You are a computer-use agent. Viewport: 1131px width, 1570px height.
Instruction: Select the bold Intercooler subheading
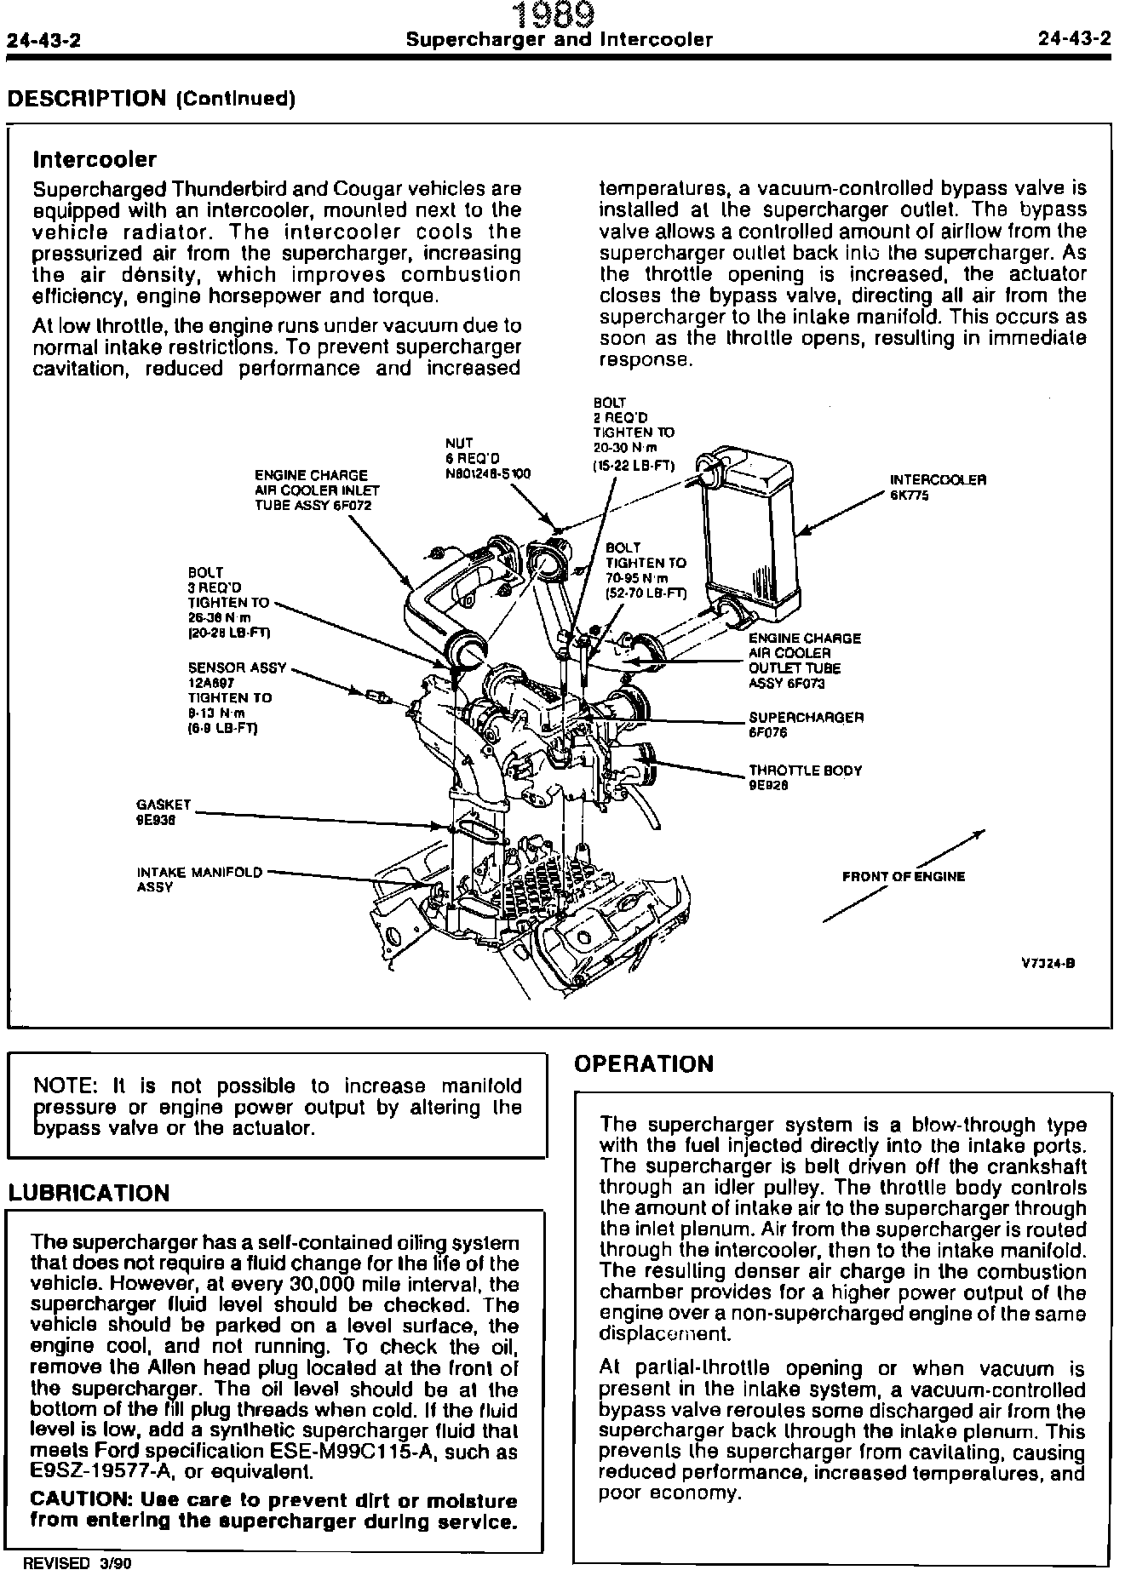(x=94, y=159)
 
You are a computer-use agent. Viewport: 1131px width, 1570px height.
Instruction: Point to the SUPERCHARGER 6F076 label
(x=806, y=724)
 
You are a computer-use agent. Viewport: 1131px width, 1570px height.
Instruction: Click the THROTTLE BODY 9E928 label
(x=805, y=776)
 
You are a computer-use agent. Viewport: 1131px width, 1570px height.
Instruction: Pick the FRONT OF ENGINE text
(x=904, y=876)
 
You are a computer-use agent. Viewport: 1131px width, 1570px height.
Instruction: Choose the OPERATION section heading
(x=644, y=1064)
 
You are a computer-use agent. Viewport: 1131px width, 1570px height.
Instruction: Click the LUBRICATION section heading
(x=89, y=1193)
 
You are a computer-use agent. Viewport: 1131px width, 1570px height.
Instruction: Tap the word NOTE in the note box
(x=63, y=1086)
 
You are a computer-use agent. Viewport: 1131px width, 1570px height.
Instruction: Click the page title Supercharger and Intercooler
(x=559, y=40)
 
